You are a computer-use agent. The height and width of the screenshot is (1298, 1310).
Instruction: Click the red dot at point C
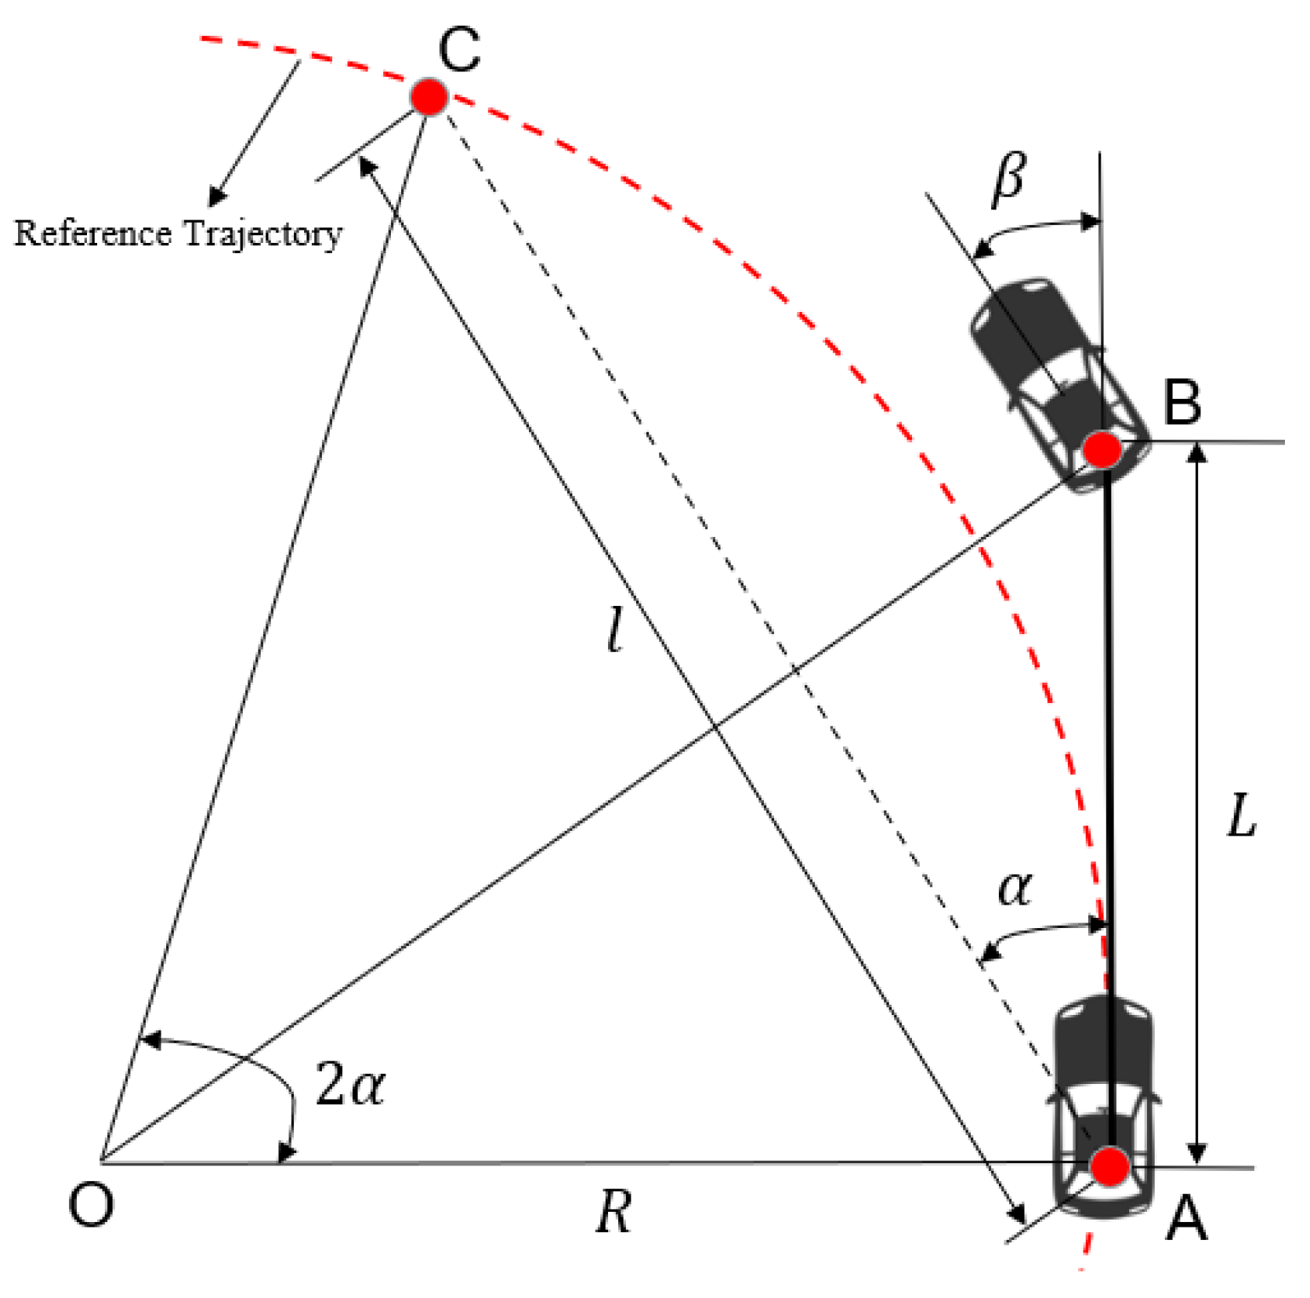(x=429, y=97)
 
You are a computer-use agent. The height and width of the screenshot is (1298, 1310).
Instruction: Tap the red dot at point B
(x=1102, y=450)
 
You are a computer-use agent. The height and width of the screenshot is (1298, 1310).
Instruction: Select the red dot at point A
(x=1109, y=1166)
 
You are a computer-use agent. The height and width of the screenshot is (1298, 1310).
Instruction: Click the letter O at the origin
(x=91, y=1205)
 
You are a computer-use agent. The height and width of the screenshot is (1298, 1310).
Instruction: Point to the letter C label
(x=459, y=50)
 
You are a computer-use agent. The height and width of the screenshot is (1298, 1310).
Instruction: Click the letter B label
(x=1182, y=402)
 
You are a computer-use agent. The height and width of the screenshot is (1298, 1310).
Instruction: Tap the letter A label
(x=1186, y=1220)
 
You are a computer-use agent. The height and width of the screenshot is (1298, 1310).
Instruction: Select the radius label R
(x=613, y=1213)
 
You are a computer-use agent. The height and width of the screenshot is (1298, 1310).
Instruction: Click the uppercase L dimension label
(x=1241, y=817)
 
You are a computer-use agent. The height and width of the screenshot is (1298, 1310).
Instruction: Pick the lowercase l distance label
(x=616, y=631)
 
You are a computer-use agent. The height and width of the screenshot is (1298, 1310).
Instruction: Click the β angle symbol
(x=1008, y=179)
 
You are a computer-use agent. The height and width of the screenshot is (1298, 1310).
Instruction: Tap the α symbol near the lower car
(x=1015, y=890)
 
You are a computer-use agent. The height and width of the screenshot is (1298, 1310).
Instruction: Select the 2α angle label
(x=350, y=1086)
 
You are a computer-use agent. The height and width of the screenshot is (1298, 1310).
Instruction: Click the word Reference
(x=92, y=234)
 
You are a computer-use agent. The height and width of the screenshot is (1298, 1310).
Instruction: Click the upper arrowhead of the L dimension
(x=1196, y=453)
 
